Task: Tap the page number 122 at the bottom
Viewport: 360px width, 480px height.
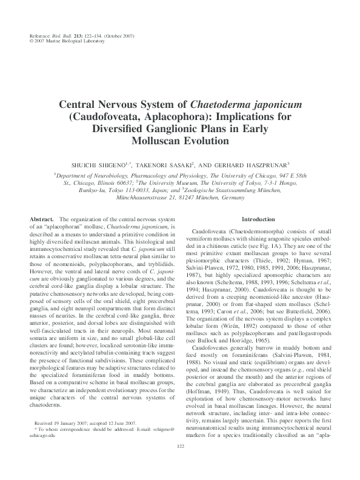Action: click(x=180, y=464)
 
